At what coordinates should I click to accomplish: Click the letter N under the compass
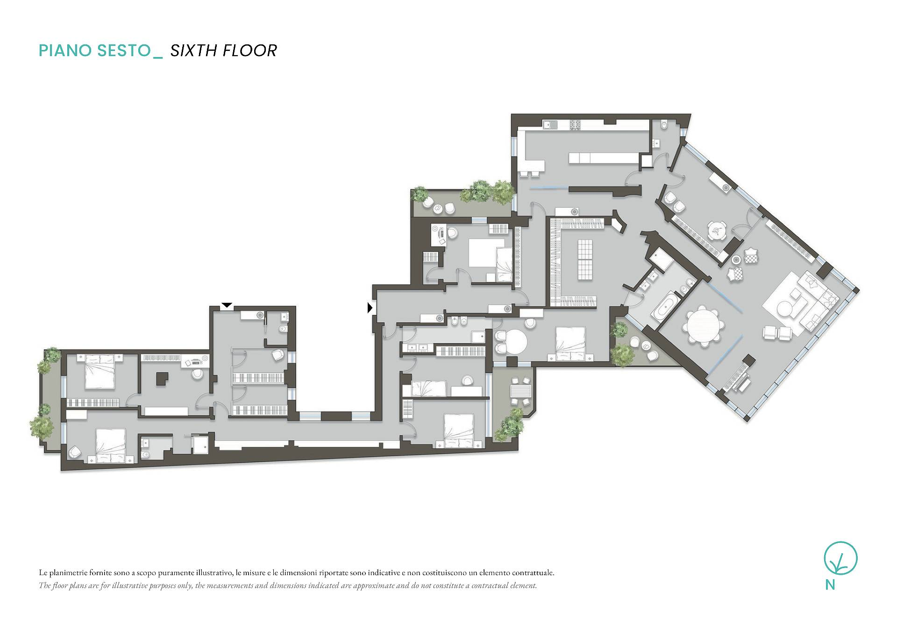[x=830, y=584]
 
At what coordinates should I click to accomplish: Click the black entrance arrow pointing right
[x=370, y=308]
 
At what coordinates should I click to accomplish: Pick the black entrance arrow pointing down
[x=227, y=306]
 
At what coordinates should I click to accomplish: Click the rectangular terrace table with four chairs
[x=520, y=390]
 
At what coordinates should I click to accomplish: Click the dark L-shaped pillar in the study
[x=163, y=378]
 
